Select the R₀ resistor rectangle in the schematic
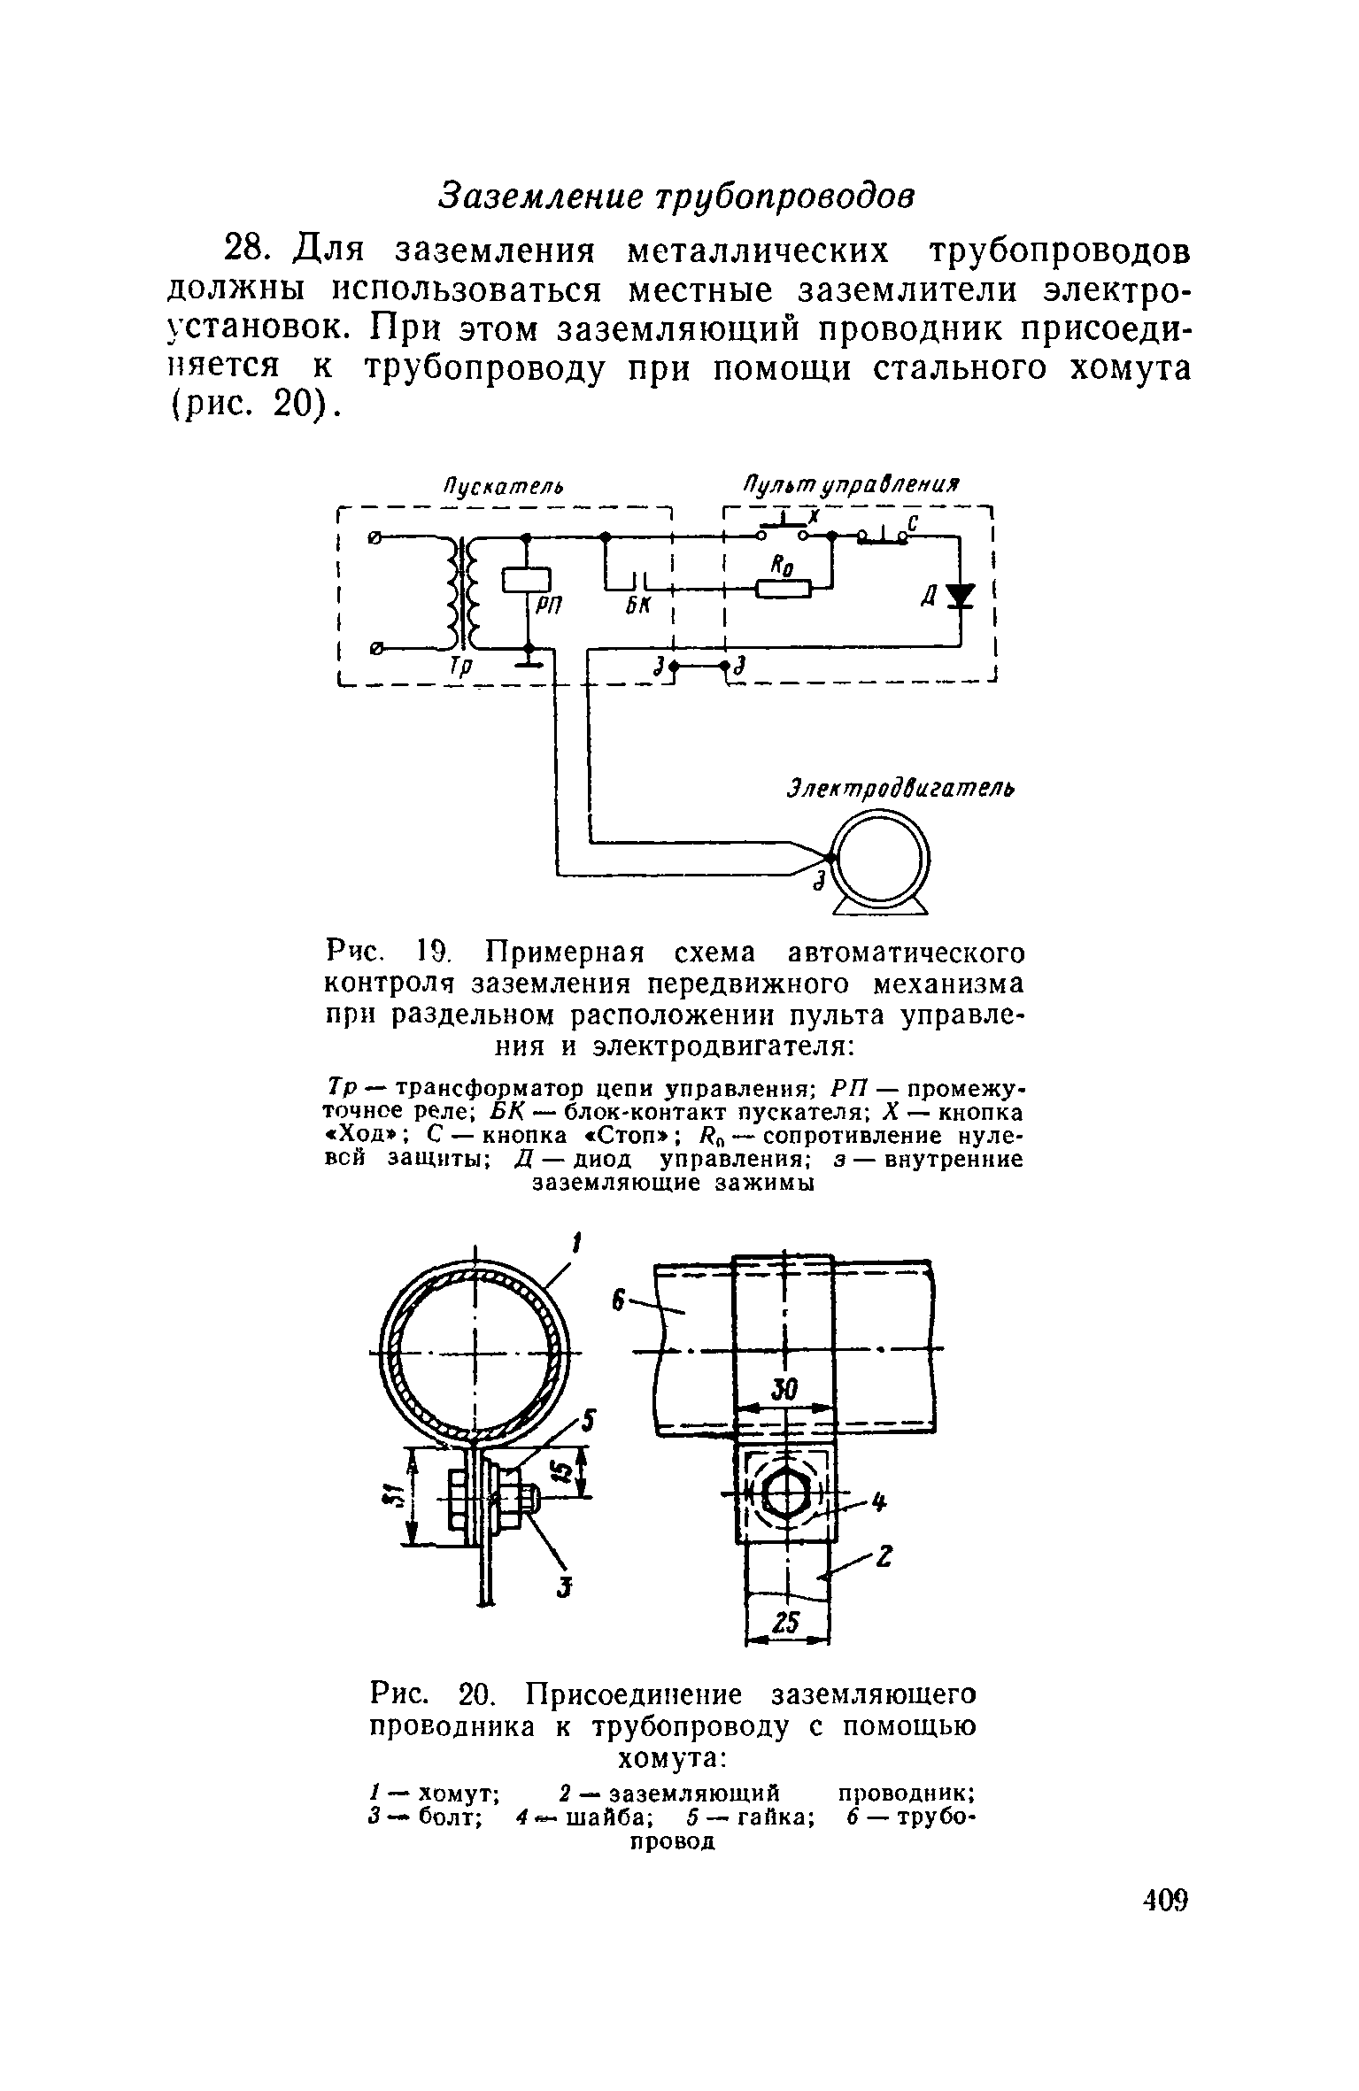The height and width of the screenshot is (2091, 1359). (784, 588)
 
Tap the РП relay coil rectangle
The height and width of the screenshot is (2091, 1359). (527, 579)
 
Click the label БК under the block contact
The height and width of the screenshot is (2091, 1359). (637, 606)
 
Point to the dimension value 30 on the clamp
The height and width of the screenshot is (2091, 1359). (785, 1390)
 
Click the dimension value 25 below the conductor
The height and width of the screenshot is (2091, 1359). (787, 1623)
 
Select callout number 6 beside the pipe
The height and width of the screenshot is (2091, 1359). (620, 1301)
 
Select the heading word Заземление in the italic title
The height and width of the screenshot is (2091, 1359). (542, 196)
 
